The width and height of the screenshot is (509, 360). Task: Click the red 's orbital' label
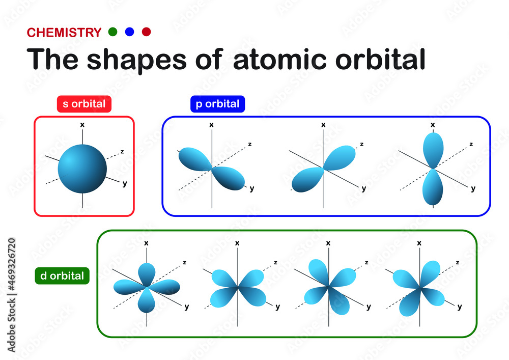(x=84, y=104)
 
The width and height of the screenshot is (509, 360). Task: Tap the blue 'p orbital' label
(x=217, y=104)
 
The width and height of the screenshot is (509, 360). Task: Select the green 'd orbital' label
(x=62, y=276)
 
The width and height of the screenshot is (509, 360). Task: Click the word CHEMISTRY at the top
(x=64, y=33)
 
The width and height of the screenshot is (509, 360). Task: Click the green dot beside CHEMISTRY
(x=112, y=32)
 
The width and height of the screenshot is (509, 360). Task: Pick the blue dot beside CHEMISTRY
(x=129, y=32)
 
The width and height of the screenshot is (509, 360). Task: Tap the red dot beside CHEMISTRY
(x=147, y=32)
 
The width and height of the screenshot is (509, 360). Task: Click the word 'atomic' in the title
(x=280, y=59)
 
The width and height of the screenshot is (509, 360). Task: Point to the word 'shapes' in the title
(x=136, y=61)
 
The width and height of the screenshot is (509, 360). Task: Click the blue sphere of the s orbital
(x=82, y=169)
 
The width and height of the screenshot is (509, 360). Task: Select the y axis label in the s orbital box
(x=125, y=184)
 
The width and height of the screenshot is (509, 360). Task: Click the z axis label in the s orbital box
(x=122, y=152)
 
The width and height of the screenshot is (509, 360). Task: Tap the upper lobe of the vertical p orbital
(x=433, y=150)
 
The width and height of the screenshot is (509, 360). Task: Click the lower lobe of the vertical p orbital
(x=433, y=187)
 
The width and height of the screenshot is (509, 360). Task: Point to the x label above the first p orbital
(x=211, y=125)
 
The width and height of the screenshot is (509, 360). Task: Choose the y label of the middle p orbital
(x=364, y=188)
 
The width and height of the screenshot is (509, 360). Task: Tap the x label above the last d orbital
(x=419, y=243)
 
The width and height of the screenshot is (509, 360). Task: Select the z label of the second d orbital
(x=275, y=262)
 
